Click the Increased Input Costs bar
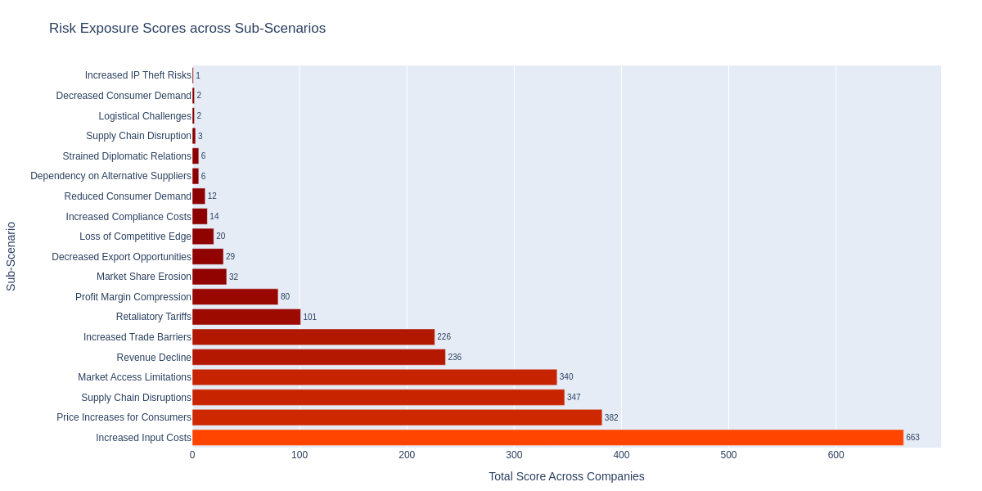click(547, 438)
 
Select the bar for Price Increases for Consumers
click(397, 417)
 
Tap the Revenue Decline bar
click(319, 358)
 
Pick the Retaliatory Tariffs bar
click(246, 317)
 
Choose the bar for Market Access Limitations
click(375, 377)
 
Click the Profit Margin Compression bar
click(235, 297)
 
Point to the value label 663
click(912, 438)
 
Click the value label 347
click(574, 398)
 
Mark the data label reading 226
click(444, 337)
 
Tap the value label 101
click(309, 318)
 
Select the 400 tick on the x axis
click(621, 455)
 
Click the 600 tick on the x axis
click(836, 455)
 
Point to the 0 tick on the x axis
click(192, 455)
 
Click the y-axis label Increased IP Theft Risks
click(137, 75)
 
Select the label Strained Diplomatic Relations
click(127, 156)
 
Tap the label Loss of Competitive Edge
click(135, 236)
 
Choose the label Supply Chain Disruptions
click(136, 398)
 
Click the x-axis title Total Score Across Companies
click(566, 476)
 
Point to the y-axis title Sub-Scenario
click(11, 256)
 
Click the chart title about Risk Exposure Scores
click(187, 29)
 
